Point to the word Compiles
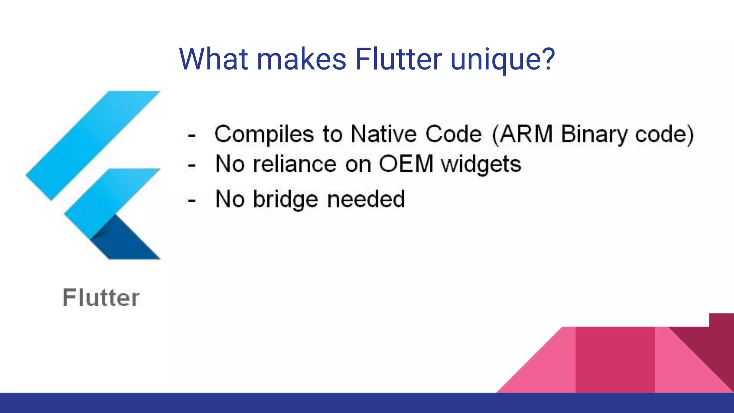[x=264, y=134]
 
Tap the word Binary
[x=594, y=135]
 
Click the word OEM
[x=406, y=164]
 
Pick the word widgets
[x=481, y=165]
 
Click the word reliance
[x=295, y=164]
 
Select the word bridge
[x=286, y=199]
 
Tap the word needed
[x=366, y=199]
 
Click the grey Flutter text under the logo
[x=101, y=298]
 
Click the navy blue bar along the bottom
[x=251, y=403]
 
